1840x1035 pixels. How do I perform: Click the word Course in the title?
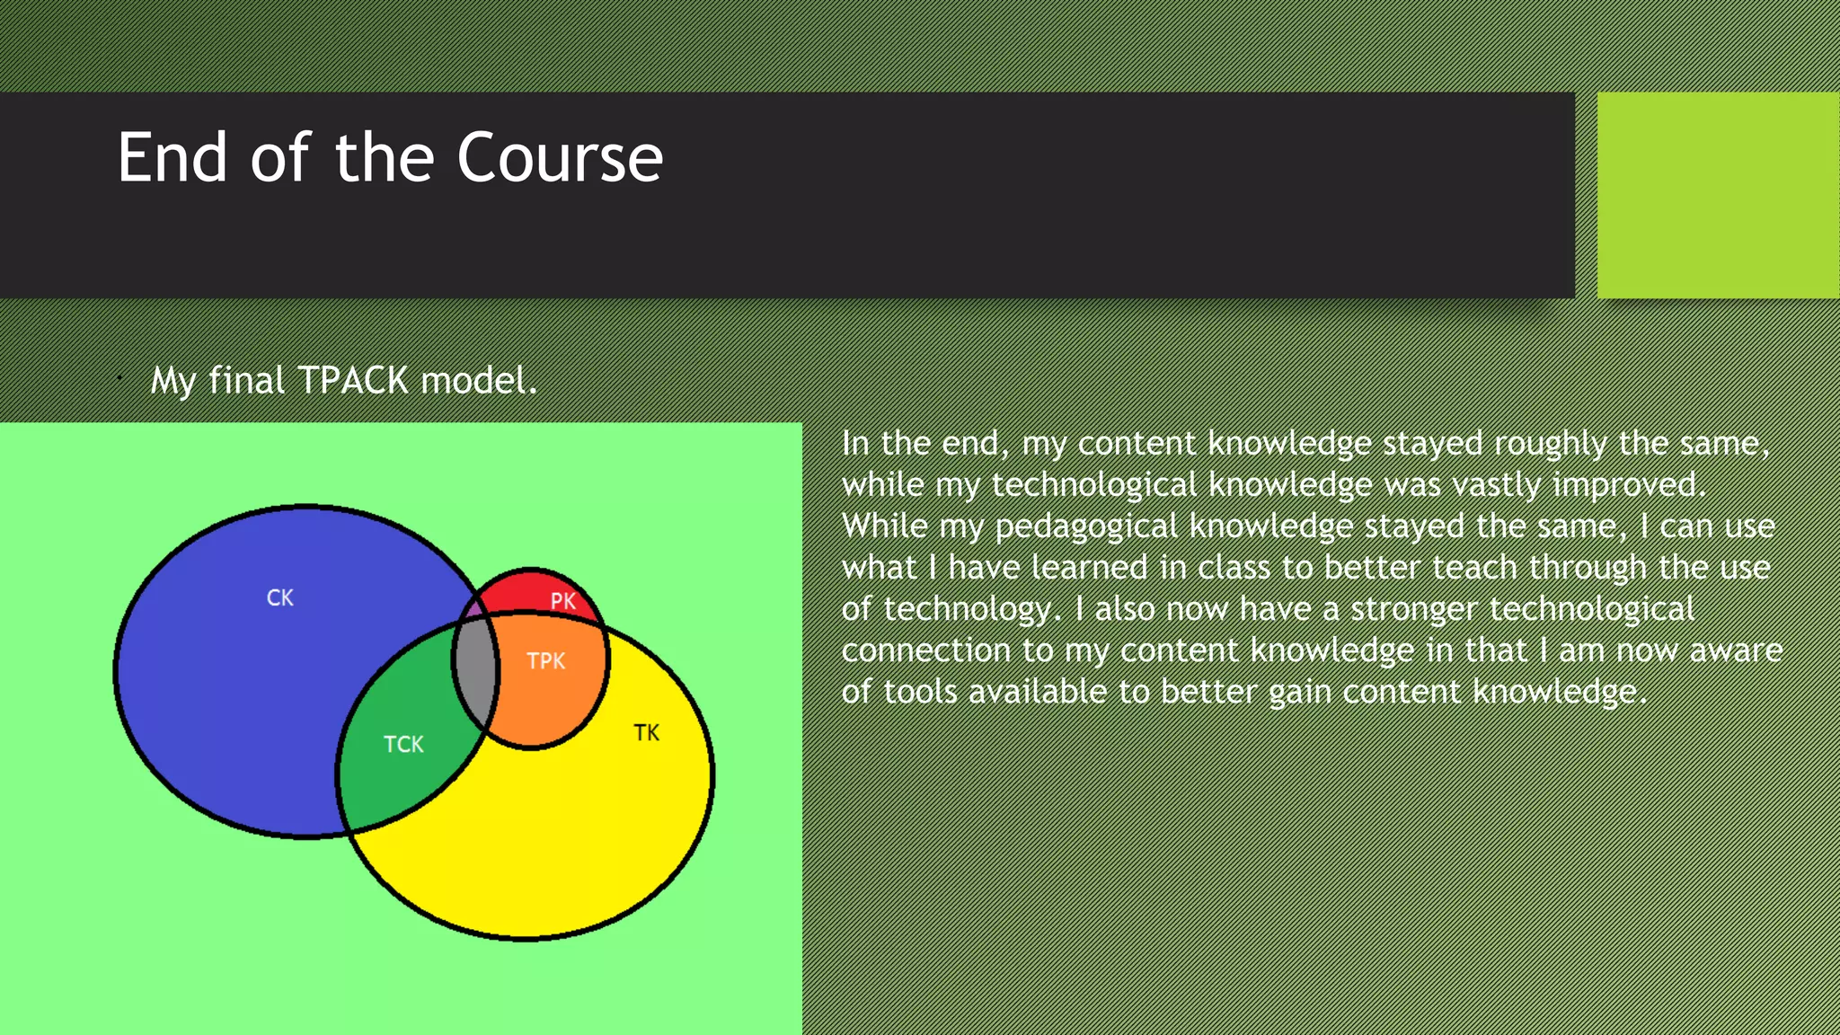click(x=560, y=158)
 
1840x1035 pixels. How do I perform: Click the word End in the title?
click(x=172, y=158)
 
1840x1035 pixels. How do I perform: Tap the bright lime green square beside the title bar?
click(x=1717, y=195)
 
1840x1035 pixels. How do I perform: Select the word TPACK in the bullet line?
click(x=353, y=381)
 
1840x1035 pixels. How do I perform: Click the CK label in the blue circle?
click(x=280, y=597)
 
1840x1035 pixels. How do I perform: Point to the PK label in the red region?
click(x=562, y=600)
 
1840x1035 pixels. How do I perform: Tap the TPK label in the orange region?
click(x=545, y=661)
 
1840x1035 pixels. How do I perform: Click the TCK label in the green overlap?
click(x=403, y=744)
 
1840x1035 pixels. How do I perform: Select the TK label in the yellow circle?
click(x=646, y=732)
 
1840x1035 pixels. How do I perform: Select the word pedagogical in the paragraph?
click(x=1085, y=526)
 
